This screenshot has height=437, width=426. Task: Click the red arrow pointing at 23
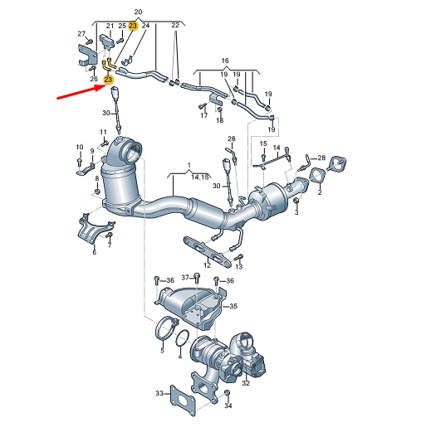81,92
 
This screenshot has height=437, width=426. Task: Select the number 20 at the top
138,12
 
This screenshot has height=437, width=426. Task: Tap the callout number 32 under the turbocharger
246,383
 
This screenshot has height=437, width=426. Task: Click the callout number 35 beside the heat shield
233,306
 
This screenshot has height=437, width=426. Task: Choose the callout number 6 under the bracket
95,252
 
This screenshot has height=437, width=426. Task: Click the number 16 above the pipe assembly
225,61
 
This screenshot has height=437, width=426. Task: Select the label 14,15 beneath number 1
200,177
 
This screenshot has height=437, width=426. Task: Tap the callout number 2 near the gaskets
320,192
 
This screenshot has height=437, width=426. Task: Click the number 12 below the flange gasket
207,265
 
